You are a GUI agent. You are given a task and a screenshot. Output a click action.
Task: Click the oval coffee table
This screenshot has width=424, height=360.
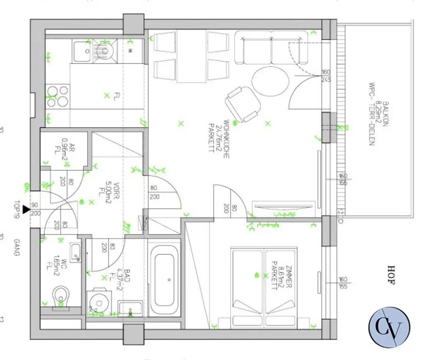[270, 81]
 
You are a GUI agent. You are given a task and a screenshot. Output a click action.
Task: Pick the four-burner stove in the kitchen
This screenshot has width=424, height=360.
[57, 96]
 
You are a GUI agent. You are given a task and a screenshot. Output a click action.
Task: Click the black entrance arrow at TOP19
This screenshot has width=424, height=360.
[26, 210]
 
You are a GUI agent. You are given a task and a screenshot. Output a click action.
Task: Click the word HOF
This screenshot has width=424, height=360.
[391, 275]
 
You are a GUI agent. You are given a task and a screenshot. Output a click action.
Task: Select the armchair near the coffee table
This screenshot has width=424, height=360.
[243, 103]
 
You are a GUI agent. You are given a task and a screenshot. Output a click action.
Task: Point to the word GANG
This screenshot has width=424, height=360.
[17, 247]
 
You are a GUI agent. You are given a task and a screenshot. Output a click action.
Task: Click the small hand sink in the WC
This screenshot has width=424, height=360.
[75, 252]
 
